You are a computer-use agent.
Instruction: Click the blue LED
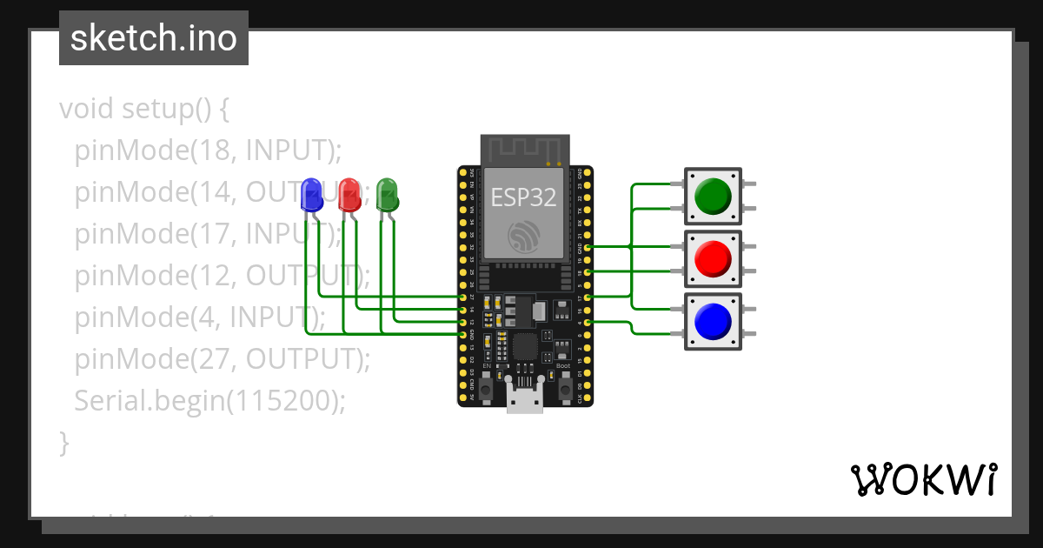pyautogui.click(x=310, y=195)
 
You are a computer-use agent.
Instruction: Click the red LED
pyautogui.click(x=349, y=195)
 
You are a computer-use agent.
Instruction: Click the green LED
pyautogui.click(x=387, y=195)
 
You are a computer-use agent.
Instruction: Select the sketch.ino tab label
pyautogui.click(x=154, y=38)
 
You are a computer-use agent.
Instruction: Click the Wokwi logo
pyautogui.click(x=923, y=479)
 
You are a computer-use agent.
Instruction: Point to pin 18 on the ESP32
pyautogui.click(x=588, y=272)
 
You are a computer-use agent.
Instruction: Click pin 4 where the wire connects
pyautogui.click(x=588, y=322)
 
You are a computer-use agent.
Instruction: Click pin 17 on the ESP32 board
pyautogui.click(x=588, y=297)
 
